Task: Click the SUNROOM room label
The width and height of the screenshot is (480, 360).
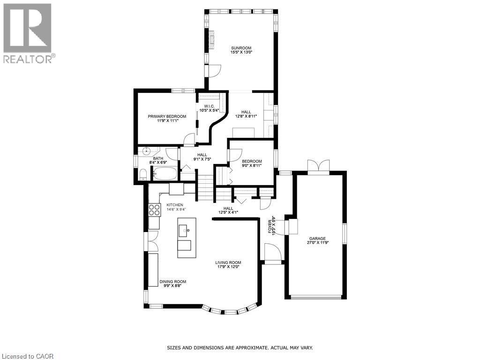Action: [241, 48]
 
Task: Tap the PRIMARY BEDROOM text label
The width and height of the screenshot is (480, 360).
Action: [167, 116]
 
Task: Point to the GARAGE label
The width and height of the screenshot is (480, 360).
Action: [317, 238]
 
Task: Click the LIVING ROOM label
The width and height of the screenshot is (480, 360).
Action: [228, 262]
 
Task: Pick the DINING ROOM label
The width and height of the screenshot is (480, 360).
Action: [172, 282]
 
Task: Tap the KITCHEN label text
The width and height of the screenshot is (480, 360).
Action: [174, 205]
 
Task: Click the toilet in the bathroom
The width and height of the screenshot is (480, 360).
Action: [143, 175]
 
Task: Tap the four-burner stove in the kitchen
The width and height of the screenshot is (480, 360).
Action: [154, 210]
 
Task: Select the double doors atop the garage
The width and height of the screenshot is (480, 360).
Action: [319, 166]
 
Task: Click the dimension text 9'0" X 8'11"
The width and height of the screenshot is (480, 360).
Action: [252, 165]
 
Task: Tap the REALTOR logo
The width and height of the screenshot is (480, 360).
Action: [28, 33]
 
